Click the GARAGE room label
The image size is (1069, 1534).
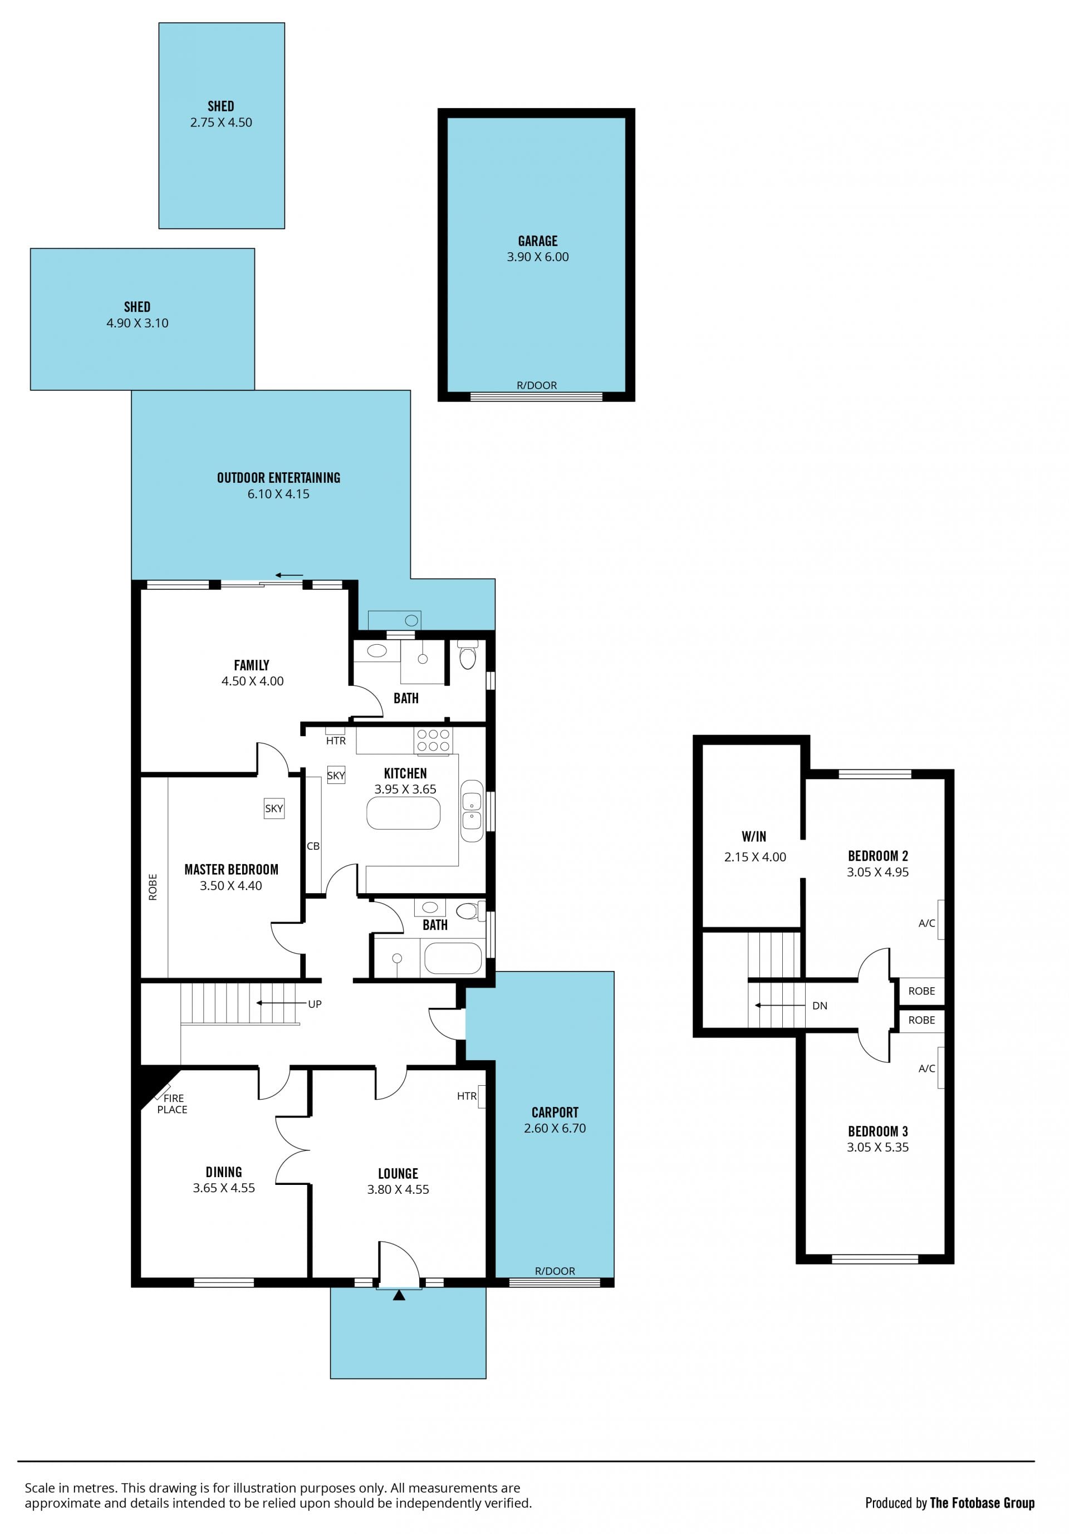coord(537,241)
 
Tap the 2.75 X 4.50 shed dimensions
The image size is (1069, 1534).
coord(221,122)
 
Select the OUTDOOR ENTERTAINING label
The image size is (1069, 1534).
coord(278,478)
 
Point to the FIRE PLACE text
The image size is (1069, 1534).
coord(173,1104)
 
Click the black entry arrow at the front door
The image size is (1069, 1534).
coord(399,1295)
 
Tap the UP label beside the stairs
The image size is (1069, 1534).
coord(315,1004)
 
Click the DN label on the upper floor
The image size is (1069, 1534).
coord(820,1006)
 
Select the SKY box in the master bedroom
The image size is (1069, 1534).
coord(274,808)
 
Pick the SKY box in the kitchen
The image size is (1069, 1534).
coord(336,775)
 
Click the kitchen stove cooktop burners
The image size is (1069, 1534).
coord(434,741)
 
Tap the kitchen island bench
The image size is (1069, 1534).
coord(404,813)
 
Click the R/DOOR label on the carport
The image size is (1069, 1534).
coord(555,1271)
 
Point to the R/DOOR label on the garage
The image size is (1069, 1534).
coord(537,385)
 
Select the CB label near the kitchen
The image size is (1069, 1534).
coord(313,846)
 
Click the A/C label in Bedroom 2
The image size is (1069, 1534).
coord(926,923)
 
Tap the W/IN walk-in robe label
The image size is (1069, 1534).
coord(754,836)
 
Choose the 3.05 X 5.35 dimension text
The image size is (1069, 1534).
coord(877,1147)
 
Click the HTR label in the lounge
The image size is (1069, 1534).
coord(467,1096)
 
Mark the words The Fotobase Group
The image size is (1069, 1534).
coord(982,1503)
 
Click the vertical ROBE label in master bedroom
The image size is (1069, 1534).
coord(153,887)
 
